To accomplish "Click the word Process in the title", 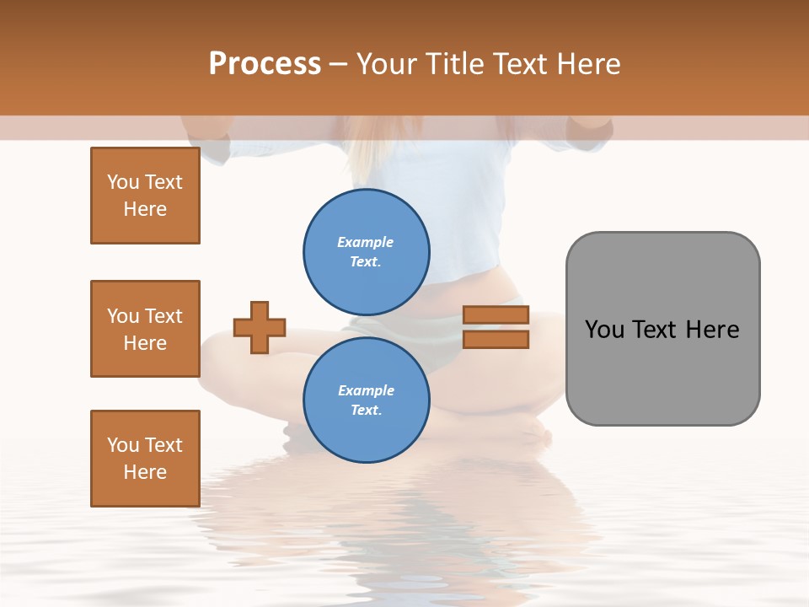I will [x=265, y=64].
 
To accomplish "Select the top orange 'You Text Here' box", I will [x=145, y=196].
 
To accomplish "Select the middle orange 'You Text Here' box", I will [x=145, y=329].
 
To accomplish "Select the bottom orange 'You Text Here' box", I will [x=145, y=459].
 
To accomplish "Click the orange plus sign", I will [x=260, y=327].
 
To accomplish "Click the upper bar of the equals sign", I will [x=496, y=315].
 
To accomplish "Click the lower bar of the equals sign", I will [x=496, y=339].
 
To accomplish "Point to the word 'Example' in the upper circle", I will [x=366, y=242].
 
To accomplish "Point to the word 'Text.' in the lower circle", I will [x=366, y=410].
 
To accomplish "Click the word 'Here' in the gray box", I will [x=713, y=329].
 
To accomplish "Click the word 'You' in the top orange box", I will [x=122, y=182].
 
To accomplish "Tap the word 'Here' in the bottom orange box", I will [x=145, y=472].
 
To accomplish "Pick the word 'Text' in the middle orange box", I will [x=163, y=316].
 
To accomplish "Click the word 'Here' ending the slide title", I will [x=589, y=64].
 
